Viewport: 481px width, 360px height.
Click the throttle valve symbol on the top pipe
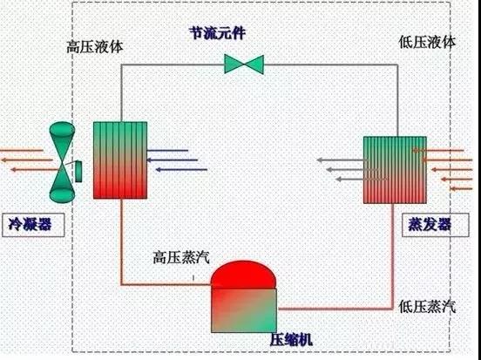[x=243, y=64]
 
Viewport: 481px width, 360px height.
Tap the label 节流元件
[x=218, y=33]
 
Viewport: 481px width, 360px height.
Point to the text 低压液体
[x=426, y=42]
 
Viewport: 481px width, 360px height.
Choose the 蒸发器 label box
[x=430, y=224]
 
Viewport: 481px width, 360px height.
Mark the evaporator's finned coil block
[x=393, y=169]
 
